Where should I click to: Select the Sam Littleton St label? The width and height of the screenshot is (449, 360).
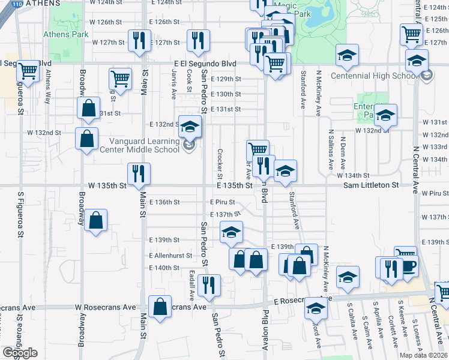tap(371, 186)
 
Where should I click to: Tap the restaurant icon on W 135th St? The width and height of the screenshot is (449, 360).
tap(139, 174)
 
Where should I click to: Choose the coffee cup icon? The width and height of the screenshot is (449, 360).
tap(408, 266)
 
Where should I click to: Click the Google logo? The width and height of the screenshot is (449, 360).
tap(20, 352)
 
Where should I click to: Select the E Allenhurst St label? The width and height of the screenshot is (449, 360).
tap(170, 256)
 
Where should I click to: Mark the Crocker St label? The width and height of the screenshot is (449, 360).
tap(220, 163)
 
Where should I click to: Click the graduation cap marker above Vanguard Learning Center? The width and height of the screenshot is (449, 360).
tap(190, 127)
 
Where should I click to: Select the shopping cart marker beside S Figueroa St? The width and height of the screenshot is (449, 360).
tap(28, 71)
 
